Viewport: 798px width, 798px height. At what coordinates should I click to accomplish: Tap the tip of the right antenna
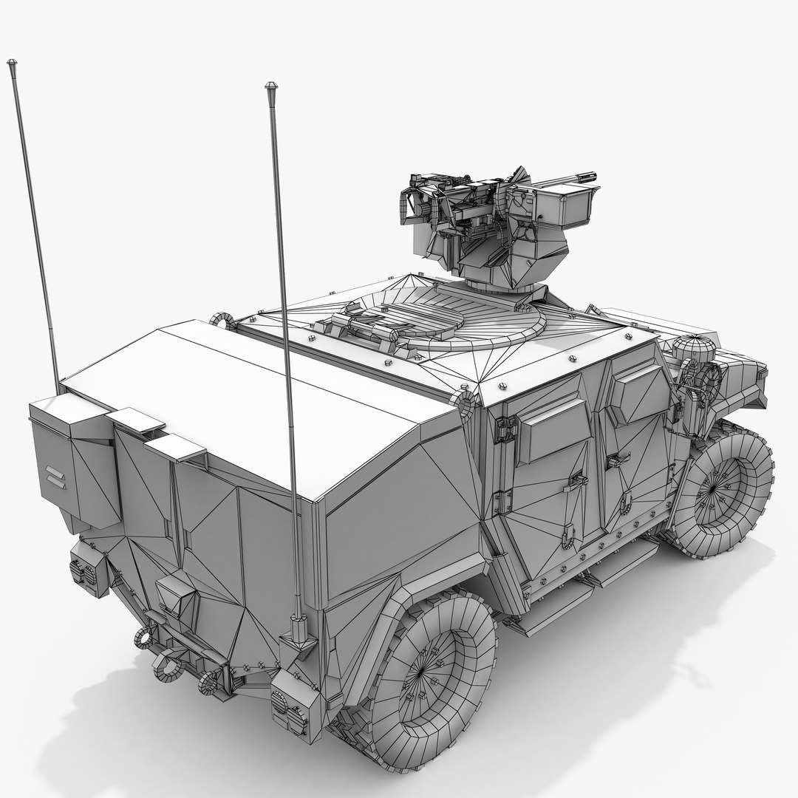click(271, 86)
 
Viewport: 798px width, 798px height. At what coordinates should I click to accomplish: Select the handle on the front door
click(618, 460)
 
